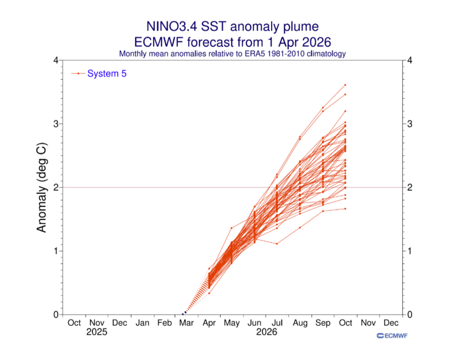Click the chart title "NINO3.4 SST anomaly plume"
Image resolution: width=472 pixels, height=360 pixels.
pyautogui.click(x=232, y=26)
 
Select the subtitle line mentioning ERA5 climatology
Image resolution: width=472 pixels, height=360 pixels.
pyautogui.click(x=232, y=53)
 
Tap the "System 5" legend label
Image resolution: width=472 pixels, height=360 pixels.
pyautogui.click(x=107, y=73)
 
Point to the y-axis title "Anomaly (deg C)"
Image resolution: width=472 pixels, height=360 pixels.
pyautogui.click(x=42, y=188)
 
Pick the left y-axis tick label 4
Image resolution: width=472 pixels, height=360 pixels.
pyautogui.click(x=56, y=61)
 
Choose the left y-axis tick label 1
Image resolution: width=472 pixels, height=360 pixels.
pyautogui.click(x=56, y=251)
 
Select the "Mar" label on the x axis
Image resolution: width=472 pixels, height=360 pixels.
pyautogui.click(x=185, y=323)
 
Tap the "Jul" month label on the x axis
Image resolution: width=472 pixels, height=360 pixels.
pyautogui.click(x=277, y=323)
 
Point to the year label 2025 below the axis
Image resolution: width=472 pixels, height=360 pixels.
pyautogui.click(x=97, y=332)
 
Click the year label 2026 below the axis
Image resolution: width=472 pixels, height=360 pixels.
pyautogui.click(x=267, y=332)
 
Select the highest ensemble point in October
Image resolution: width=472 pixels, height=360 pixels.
pyautogui.click(x=345, y=85)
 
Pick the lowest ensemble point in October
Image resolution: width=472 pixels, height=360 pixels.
pyautogui.click(x=345, y=209)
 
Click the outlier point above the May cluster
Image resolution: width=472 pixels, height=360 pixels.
pyautogui.click(x=231, y=228)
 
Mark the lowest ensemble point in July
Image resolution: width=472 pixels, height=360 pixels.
pyautogui.click(x=277, y=244)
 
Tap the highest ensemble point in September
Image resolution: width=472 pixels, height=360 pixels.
pyautogui.click(x=322, y=108)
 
